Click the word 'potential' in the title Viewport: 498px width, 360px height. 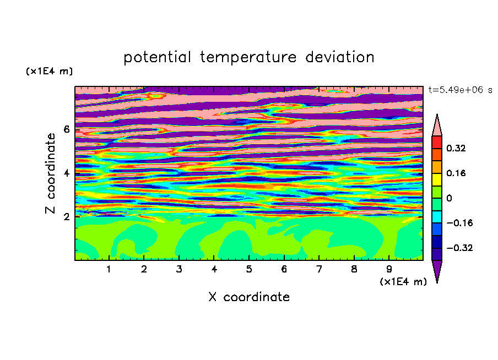tap(157, 58)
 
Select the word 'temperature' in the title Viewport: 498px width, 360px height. tap(248, 58)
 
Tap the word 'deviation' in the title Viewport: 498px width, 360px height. tap(340, 57)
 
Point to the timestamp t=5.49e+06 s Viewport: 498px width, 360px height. tap(460, 90)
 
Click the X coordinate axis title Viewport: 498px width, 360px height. tap(249, 297)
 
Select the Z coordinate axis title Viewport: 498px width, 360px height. tap(50, 173)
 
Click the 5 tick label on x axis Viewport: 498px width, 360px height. tap(249, 269)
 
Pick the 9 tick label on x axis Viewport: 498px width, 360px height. tap(389, 269)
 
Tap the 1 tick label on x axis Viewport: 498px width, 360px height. tap(109, 269)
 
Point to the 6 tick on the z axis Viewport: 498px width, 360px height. tap(67, 129)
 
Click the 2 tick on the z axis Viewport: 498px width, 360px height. tap(67, 217)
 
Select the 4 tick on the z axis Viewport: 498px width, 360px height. tap(67, 173)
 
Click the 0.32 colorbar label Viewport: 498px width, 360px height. tap(456, 148)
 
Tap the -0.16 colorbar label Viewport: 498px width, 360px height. tap(459, 223)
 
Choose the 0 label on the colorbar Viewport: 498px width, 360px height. tap(449, 198)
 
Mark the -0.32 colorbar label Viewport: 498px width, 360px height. tap(459, 248)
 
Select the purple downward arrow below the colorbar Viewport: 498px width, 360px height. tap(437, 271)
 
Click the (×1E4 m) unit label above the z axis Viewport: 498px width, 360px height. tap(49, 71)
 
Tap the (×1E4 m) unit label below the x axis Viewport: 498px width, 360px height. tap(403, 282)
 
